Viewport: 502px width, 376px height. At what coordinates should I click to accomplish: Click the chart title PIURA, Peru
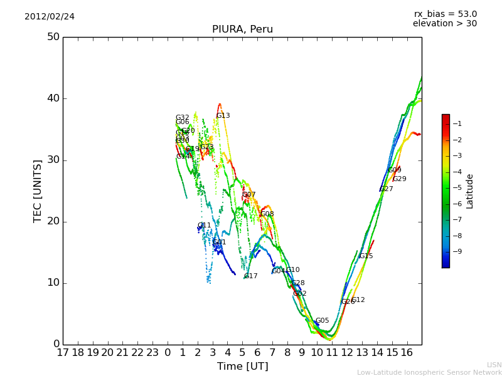click(x=242, y=29)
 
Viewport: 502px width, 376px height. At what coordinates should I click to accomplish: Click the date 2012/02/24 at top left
click(x=50, y=17)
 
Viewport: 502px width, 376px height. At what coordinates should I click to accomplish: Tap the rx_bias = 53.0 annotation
click(x=445, y=14)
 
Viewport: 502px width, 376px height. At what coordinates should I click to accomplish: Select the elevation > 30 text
click(x=444, y=24)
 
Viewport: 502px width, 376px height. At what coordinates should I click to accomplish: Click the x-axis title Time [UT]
click(x=242, y=367)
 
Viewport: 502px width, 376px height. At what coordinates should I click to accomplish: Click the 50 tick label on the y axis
click(x=53, y=37)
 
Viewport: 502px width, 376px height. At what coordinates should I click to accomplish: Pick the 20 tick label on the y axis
click(x=53, y=221)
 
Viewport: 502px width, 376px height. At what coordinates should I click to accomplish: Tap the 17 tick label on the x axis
click(x=63, y=353)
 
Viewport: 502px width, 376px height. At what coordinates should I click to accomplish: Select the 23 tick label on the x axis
click(x=152, y=353)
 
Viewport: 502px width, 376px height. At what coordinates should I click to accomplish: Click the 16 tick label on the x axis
click(x=407, y=353)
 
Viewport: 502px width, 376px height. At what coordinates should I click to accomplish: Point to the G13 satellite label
click(x=223, y=116)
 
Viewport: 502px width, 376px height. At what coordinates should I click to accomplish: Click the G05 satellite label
click(x=322, y=321)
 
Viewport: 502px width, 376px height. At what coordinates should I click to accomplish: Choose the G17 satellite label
click(x=250, y=276)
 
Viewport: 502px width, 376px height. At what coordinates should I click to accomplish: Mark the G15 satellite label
click(x=366, y=256)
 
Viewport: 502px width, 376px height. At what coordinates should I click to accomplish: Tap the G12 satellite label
click(x=358, y=300)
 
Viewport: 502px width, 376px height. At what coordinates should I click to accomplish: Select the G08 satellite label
click(x=267, y=214)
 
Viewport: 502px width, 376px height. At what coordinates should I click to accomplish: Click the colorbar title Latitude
click(x=470, y=191)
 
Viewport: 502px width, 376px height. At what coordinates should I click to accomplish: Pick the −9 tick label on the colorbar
click(x=457, y=252)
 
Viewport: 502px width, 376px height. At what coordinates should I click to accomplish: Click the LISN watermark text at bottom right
click(x=494, y=365)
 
